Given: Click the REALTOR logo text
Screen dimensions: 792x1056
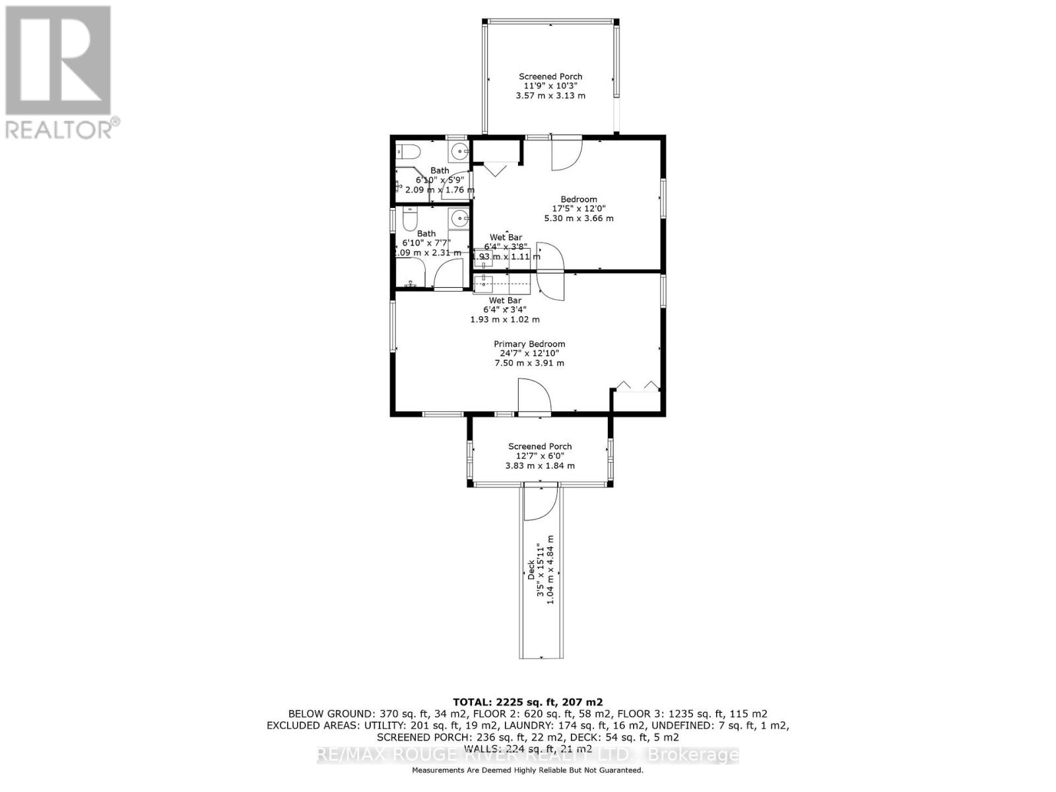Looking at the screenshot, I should [x=63, y=128].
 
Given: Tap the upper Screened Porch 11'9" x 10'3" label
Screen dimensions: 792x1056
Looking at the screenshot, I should [x=550, y=86].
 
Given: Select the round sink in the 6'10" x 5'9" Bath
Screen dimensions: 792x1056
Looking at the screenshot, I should [x=457, y=152].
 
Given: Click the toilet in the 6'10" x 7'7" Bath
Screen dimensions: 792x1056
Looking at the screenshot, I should [x=410, y=217].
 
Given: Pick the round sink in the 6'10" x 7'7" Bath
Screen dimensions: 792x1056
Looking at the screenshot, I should [x=457, y=217].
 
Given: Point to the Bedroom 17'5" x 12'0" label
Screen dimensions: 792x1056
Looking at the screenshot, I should [x=578, y=209].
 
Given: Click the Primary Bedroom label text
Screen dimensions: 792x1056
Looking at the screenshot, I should [x=529, y=344].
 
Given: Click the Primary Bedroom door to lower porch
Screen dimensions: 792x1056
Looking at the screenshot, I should [x=533, y=397].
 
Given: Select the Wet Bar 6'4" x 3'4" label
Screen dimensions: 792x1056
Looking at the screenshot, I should [x=505, y=310].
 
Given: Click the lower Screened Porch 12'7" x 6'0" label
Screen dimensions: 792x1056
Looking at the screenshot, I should [x=539, y=455].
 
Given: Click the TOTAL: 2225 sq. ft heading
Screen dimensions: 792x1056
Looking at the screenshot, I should [x=527, y=702].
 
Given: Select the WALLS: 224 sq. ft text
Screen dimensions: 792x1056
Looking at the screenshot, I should [x=527, y=748].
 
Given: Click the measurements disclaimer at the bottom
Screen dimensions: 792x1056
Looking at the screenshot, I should [x=527, y=770].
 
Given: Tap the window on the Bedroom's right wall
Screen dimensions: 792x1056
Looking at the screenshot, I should [x=663, y=197].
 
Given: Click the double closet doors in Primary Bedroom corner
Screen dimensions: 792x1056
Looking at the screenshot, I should [x=637, y=387].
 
